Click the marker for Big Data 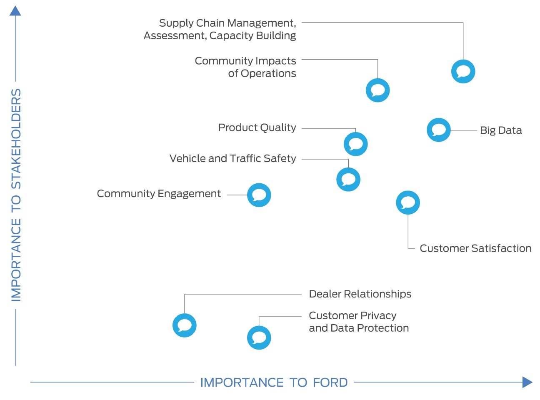pos(438,130)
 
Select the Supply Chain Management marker pos(463,71)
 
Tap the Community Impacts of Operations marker pos(377,90)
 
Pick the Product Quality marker pos(355,144)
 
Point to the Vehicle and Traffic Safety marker pos(348,180)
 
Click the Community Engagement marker pos(259,195)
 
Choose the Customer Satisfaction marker pos(407,202)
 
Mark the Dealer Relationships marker pos(184,325)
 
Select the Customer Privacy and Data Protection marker pos(259,337)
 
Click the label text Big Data pos(500,130)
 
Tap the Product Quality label pos(257,127)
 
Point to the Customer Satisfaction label pos(475,248)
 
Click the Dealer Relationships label pos(360,294)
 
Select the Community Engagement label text pos(159,194)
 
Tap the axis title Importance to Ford pos(274,382)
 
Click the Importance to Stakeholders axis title pos(16,195)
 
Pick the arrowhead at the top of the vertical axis pos(15,11)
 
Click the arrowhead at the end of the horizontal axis pos(527,382)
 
